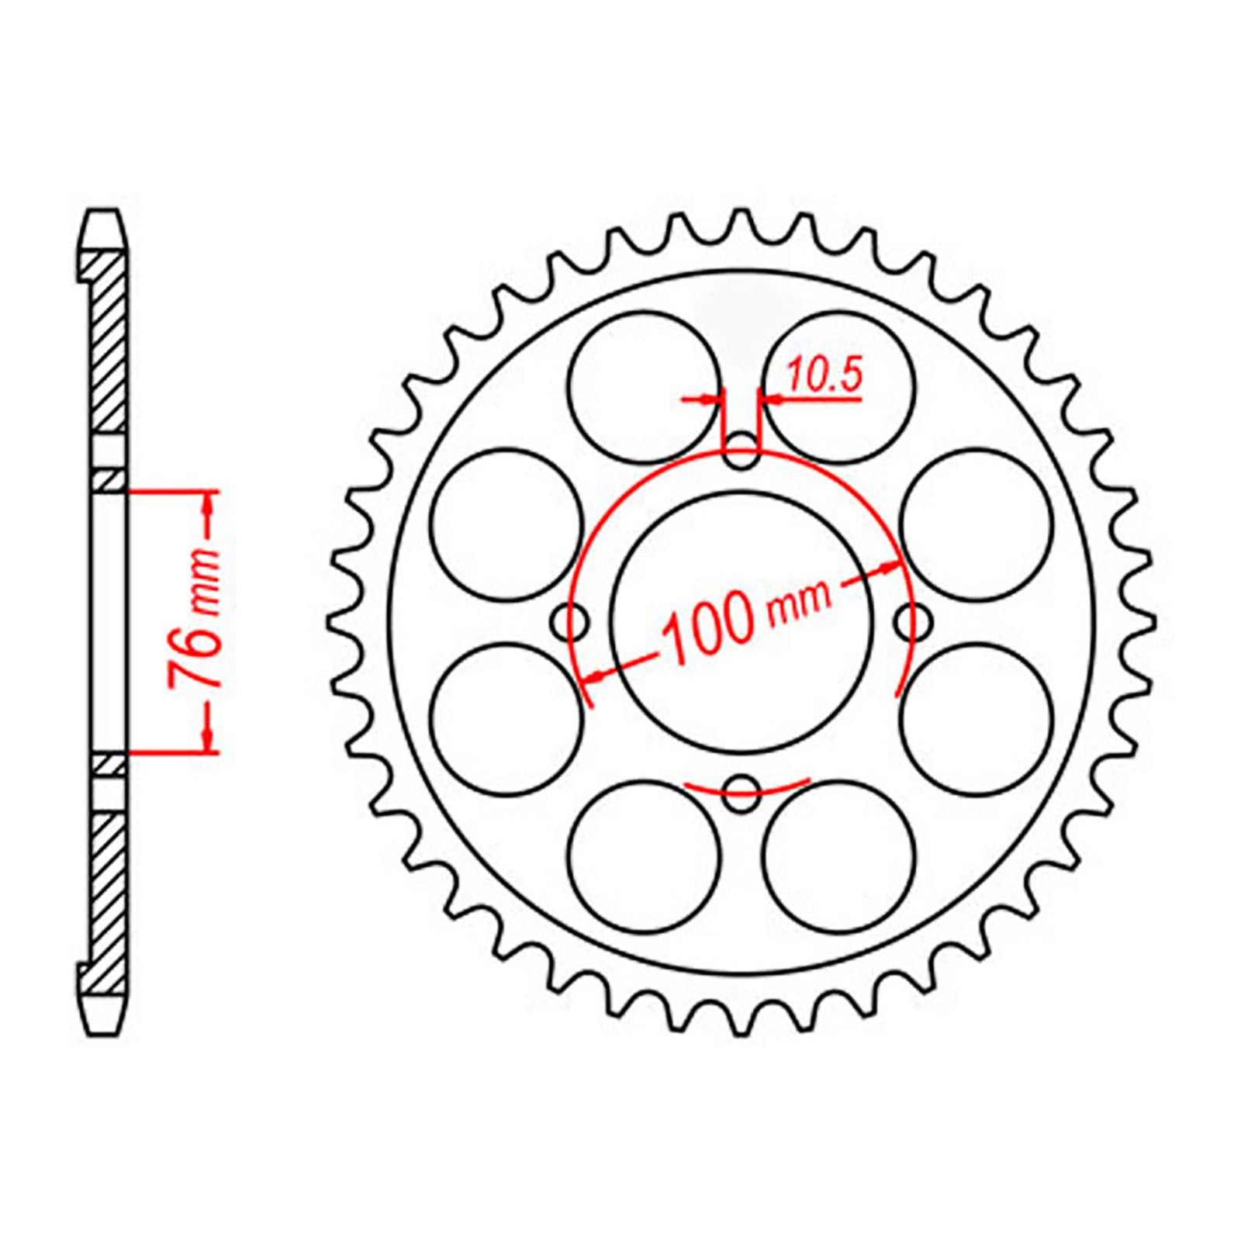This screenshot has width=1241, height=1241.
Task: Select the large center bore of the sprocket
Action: (x=741, y=622)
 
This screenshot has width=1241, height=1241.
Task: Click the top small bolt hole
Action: (x=741, y=450)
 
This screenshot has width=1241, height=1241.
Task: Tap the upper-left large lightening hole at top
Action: (x=644, y=388)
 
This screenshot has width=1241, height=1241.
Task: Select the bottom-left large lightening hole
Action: (x=644, y=856)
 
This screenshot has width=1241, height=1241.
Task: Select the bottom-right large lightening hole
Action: (x=839, y=856)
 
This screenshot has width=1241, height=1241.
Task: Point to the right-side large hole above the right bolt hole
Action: (x=977, y=524)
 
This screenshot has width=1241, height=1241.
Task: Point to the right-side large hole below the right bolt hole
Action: (x=977, y=719)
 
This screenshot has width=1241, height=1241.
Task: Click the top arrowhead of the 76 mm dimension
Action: (x=207, y=502)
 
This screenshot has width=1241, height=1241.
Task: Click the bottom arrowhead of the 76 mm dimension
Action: (x=207, y=740)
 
